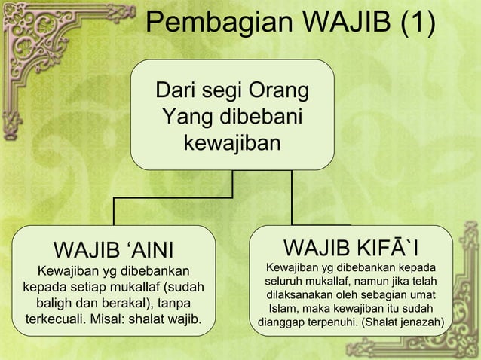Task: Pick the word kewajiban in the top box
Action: pyautogui.click(x=232, y=142)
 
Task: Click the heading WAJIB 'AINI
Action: pyautogui.click(x=114, y=249)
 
